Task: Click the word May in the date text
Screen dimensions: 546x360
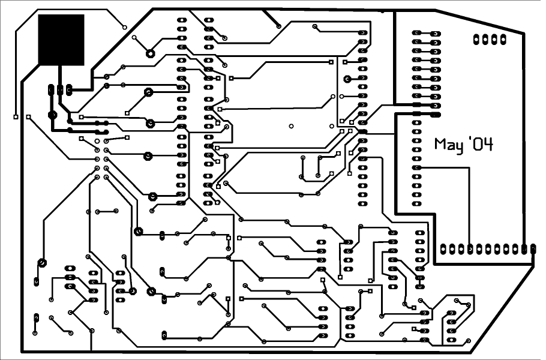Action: coord(449,145)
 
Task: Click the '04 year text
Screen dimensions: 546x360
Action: coord(481,144)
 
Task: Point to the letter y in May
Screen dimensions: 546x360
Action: coord(460,148)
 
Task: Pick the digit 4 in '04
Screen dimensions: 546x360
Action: coord(488,145)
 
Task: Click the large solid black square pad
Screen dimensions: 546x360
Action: coord(61,40)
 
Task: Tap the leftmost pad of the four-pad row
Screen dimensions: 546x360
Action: coord(476,40)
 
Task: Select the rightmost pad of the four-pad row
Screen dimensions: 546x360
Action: coord(503,40)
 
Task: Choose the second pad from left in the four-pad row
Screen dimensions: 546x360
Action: coord(485,40)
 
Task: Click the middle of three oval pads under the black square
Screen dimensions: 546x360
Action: coord(60,90)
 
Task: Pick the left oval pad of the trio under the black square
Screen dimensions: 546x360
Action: coord(51,90)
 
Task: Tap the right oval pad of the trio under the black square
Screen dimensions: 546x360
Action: coord(69,90)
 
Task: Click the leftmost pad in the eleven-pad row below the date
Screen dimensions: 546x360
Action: coord(443,249)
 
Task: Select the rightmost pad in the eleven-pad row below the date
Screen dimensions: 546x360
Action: coord(533,249)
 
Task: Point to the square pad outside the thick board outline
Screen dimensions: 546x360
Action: coord(16,117)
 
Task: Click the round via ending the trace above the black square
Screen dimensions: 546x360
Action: coord(125,27)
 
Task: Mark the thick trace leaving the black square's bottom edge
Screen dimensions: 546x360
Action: coord(60,75)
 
